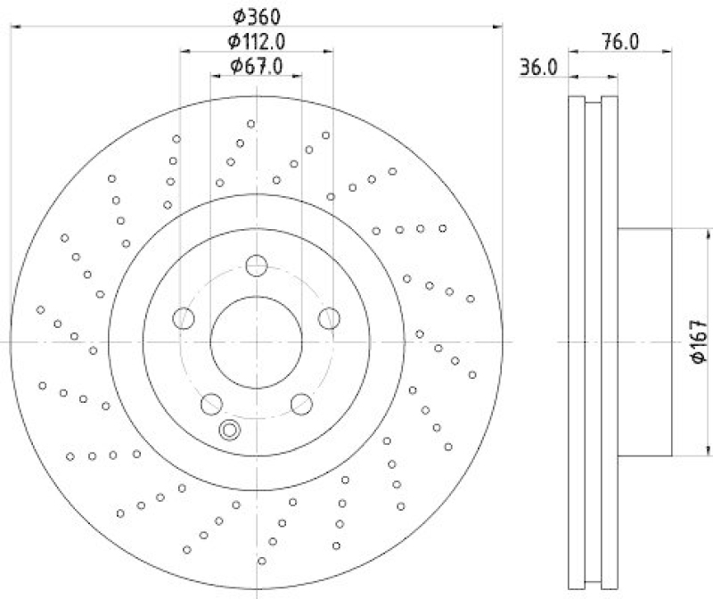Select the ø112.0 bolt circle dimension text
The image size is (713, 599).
coord(256,40)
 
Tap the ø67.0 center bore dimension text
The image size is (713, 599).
coord(256,65)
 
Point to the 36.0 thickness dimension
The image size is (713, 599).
coord(538,67)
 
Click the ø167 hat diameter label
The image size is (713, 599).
coord(699,341)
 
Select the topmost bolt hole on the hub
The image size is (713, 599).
coord(257,264)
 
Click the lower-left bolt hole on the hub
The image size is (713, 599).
coord(211,402)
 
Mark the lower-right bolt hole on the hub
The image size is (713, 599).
coord(301,402)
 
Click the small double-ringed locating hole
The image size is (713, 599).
coord(230,431)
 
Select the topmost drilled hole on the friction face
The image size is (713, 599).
coord(251,124)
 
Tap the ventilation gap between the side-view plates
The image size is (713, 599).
coord(592,341)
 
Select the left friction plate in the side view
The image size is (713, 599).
coord(576,341)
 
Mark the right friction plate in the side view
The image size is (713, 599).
coord(610,341)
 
